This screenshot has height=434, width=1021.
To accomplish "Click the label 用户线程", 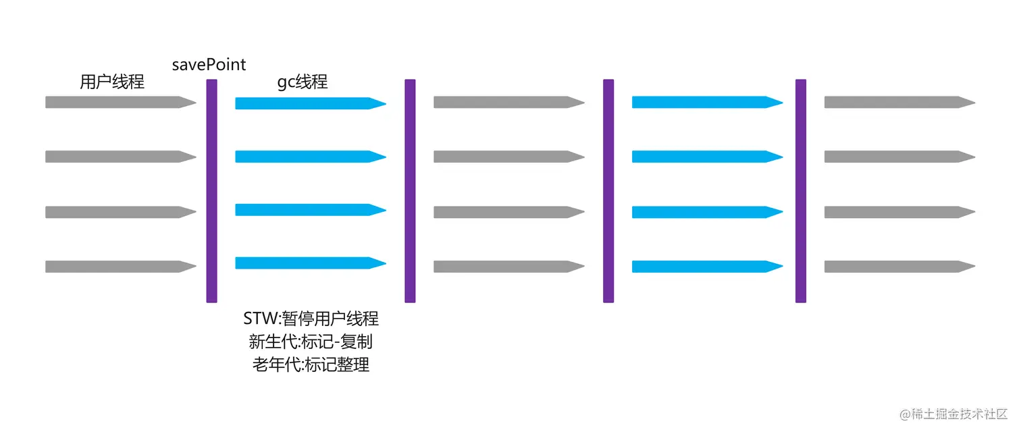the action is [112, 82].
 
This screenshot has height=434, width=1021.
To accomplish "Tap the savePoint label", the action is [209, 65].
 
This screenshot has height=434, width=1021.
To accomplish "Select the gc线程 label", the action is [303, 82].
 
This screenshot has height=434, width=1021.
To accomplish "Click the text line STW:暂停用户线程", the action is [311, 318].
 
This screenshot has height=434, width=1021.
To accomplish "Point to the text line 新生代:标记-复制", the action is [311, 342].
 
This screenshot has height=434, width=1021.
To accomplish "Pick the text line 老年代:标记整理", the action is [311, 365].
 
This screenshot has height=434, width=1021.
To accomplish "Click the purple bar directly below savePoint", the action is [211, 191].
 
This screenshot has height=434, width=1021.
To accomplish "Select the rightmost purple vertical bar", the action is [801, 191].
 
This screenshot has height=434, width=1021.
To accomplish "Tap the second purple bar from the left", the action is [410, 191].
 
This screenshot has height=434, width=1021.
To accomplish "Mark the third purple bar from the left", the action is [608, 191].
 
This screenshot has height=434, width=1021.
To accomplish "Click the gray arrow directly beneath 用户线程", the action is [120, 103].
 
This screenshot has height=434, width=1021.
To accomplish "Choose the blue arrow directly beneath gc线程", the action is [310, 103].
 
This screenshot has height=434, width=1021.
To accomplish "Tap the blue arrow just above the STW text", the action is [310, 263].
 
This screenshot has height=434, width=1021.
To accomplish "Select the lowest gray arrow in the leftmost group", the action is [120, 267].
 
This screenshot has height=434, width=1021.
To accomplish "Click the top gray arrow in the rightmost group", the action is [899, 103].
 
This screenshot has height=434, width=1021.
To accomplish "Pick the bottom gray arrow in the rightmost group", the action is [899, 267].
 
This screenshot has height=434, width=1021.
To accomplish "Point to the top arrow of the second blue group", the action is [707, 103].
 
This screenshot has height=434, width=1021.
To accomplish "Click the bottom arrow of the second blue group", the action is [707, 267].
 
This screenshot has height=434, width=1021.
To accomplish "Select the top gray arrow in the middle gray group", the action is [508, 103].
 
